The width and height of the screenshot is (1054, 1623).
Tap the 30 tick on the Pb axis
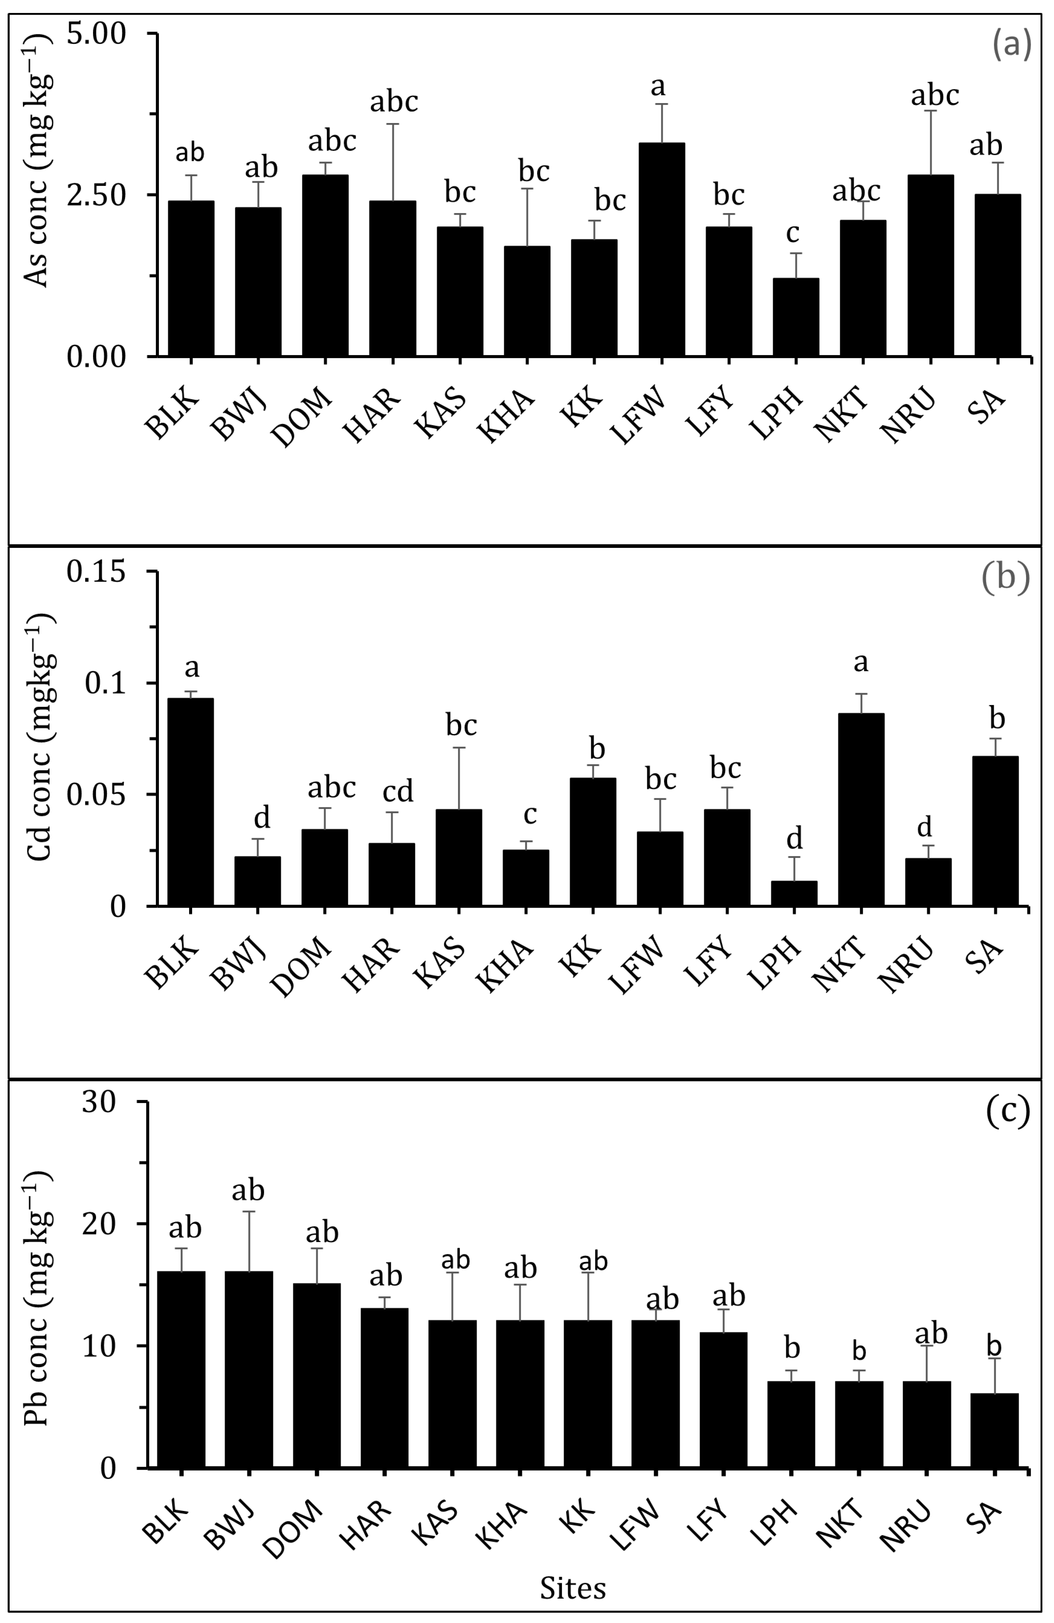99,1102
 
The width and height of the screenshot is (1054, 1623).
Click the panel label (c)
1007,1112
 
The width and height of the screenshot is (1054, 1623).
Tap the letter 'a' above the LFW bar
658,87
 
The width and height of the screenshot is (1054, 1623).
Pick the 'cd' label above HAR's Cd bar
398,791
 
